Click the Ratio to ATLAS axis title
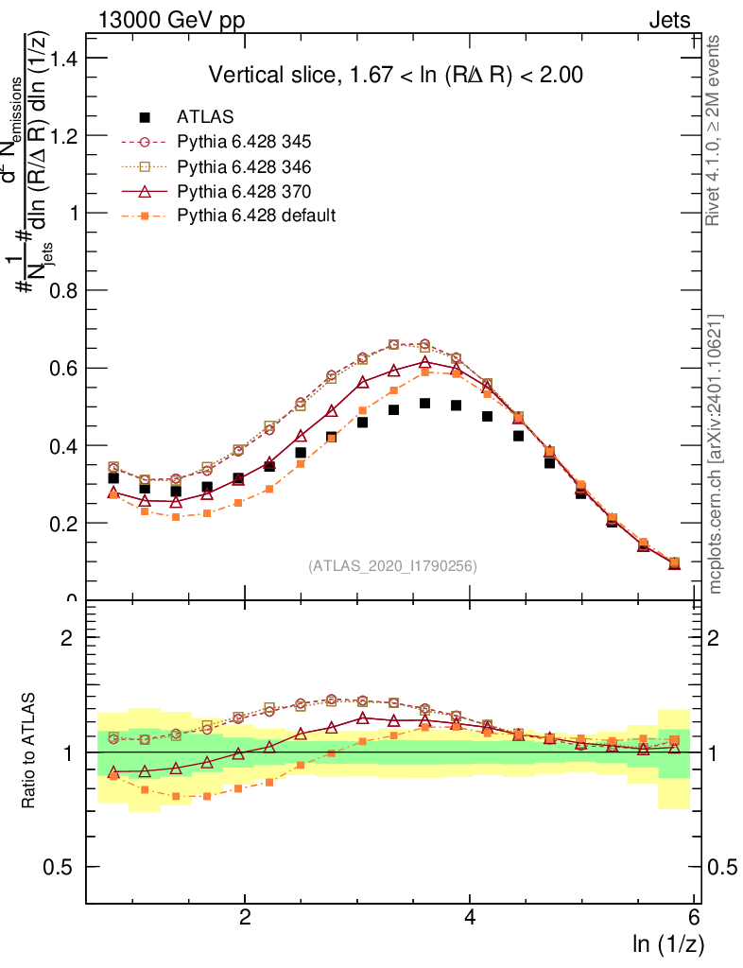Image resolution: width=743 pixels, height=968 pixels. (29, 751)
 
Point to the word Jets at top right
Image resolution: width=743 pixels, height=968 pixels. (668, 21)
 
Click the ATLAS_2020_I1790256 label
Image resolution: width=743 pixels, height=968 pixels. (391, 567)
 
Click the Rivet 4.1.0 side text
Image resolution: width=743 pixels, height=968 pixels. (717, 130)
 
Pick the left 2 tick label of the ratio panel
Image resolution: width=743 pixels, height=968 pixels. (68, 638)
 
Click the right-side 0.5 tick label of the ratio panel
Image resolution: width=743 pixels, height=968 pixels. (721, 868)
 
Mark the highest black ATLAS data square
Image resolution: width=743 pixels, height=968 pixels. (425, 404)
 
